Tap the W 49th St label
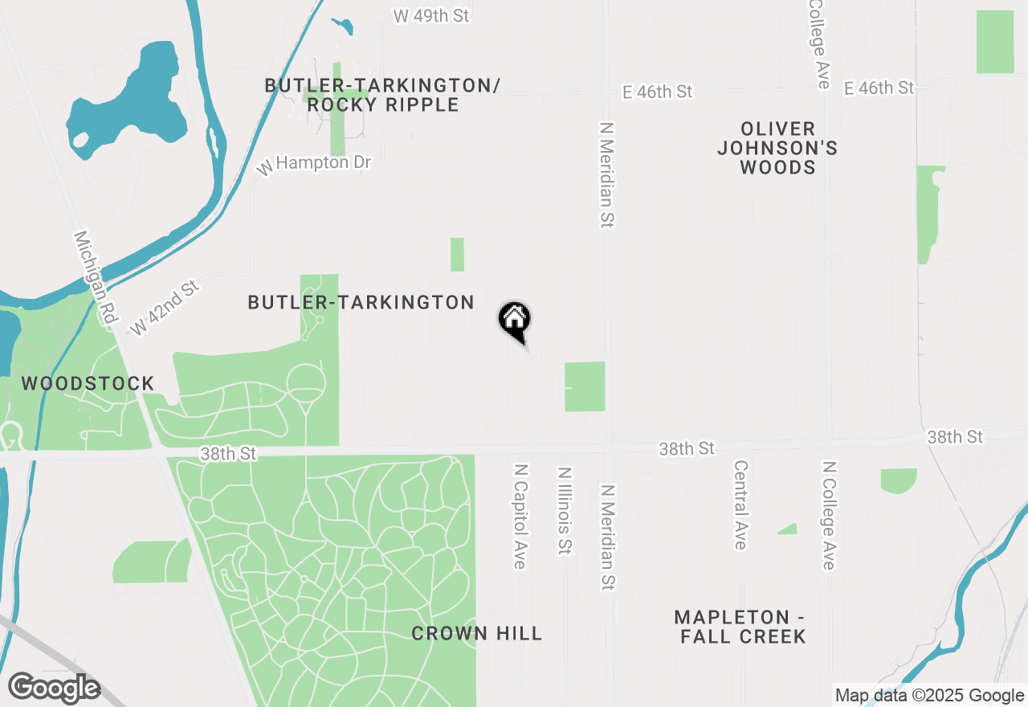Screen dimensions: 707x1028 (x=430, y=15)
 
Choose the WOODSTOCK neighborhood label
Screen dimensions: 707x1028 (x=88, y=383)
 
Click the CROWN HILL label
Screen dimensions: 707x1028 (x=477, y=633)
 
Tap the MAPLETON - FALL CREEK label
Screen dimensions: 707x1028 (x=740, y=627)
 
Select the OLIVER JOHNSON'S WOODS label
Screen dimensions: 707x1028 (x=777, y=148)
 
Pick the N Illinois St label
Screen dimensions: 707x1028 (x=564, y=511)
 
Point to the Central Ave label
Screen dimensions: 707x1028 (x=740, y=505)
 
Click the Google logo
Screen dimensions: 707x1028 (x=54, y=689)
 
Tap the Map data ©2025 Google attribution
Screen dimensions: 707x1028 (x=928, y=696)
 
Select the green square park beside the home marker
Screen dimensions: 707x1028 (x=585, y=386)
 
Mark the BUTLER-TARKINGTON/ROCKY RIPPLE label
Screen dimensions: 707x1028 (x=382, y=95)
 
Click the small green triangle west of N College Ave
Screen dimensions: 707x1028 (x=789, y=529)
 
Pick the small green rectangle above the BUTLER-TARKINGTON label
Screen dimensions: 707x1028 (x=457, y=255)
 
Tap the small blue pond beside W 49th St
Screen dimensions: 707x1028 (x=343, y=26)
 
